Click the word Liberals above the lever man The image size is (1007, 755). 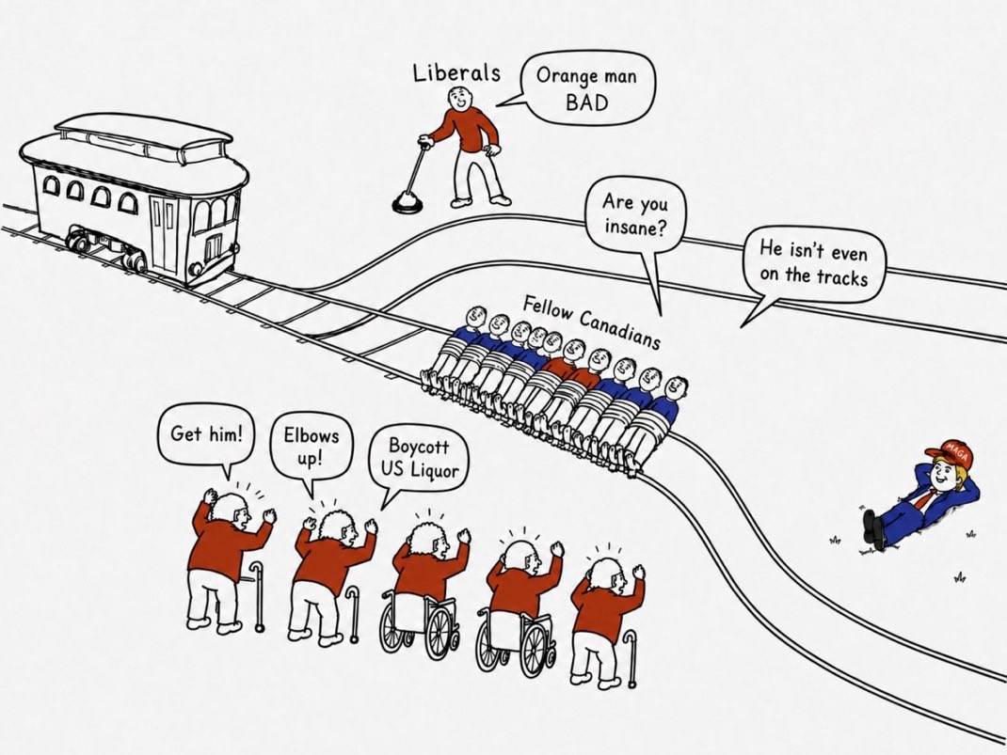(456, 72)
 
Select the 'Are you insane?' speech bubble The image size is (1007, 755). (634, 218)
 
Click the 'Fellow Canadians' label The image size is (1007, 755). (591, 322)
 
